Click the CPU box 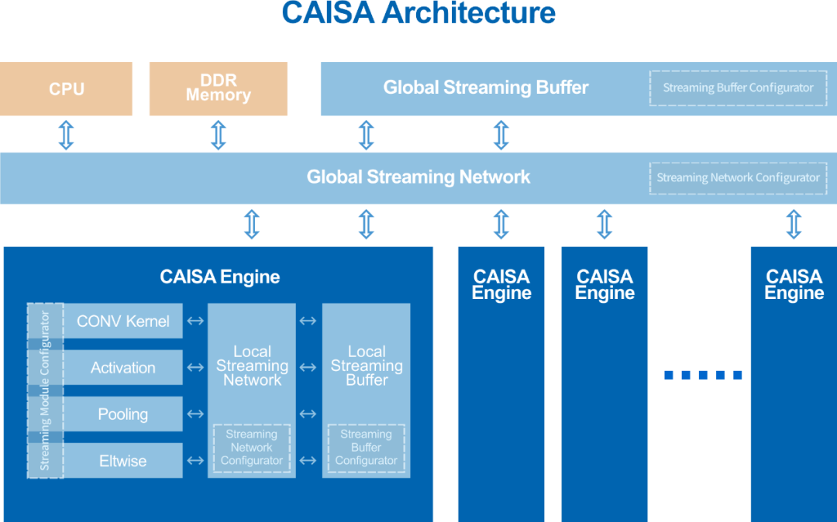[x=67, y=89]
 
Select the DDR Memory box [x=218, y=88]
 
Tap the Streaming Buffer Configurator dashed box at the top [x=738, y=88]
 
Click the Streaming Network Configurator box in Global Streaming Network [x=738, y=178]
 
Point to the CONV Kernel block [x=123, y=321]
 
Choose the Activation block [x=123, y=368]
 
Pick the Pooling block [x=123, y=414]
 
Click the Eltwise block [x=123, y=461]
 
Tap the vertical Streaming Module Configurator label [x=45, y=390]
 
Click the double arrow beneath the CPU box [x=67, y=134]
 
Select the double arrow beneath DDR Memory [x=219, y=134]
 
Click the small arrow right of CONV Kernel [x=195, y=321]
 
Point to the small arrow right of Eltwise [x=195, y=461]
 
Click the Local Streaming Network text [x=252, y=366]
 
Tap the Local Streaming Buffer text [x=366, y=366]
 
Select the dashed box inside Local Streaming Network [x=252, y=448]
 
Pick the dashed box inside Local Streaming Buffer [x=366, y=448]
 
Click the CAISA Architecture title [x=418, y=12]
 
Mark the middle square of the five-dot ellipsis [x=703, y=376]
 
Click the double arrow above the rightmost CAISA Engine [x=794, y=224]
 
